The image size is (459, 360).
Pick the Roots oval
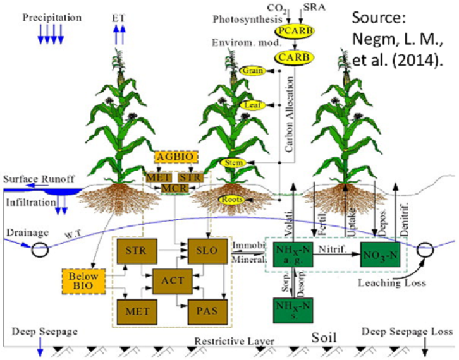point(232,200)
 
